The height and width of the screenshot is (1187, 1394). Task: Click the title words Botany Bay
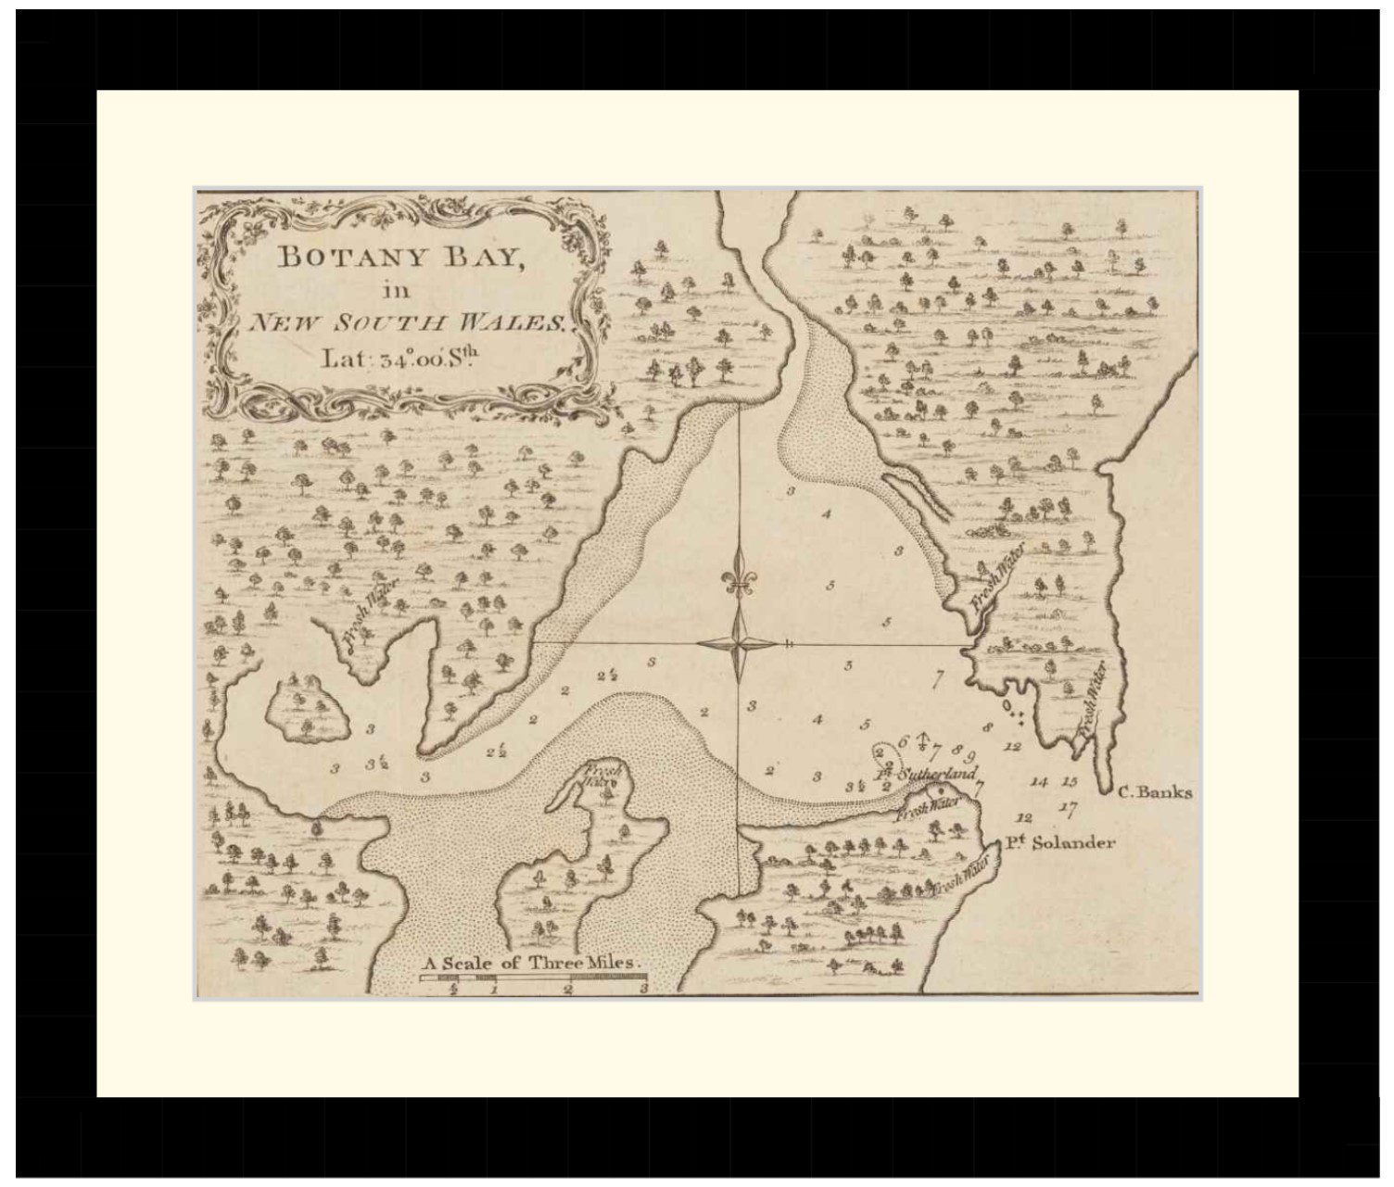click(x=400, y=257)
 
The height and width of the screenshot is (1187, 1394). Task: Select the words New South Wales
click(x=407, y=323)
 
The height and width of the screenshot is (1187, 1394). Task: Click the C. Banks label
click(x=1155, y=792)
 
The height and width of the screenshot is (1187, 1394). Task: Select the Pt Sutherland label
click(x=927, y=773)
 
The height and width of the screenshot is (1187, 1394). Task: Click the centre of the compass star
click(x=739, y=643)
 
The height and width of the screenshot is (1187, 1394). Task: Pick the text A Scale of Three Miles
click(x=532, y=963)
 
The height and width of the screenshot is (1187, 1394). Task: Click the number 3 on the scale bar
click(x=643, y=989)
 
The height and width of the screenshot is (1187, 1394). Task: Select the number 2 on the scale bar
click(x=569, y=989)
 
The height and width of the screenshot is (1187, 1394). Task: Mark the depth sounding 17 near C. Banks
click(x=1068, y=809)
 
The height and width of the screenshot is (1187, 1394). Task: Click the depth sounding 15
click(x=1070, y=782)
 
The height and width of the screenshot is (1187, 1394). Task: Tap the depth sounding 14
click(x=1039, y=783)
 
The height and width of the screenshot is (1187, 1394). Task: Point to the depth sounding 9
click(x=970, y=756)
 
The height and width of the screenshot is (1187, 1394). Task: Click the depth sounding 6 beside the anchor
click(x=903, y=742)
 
